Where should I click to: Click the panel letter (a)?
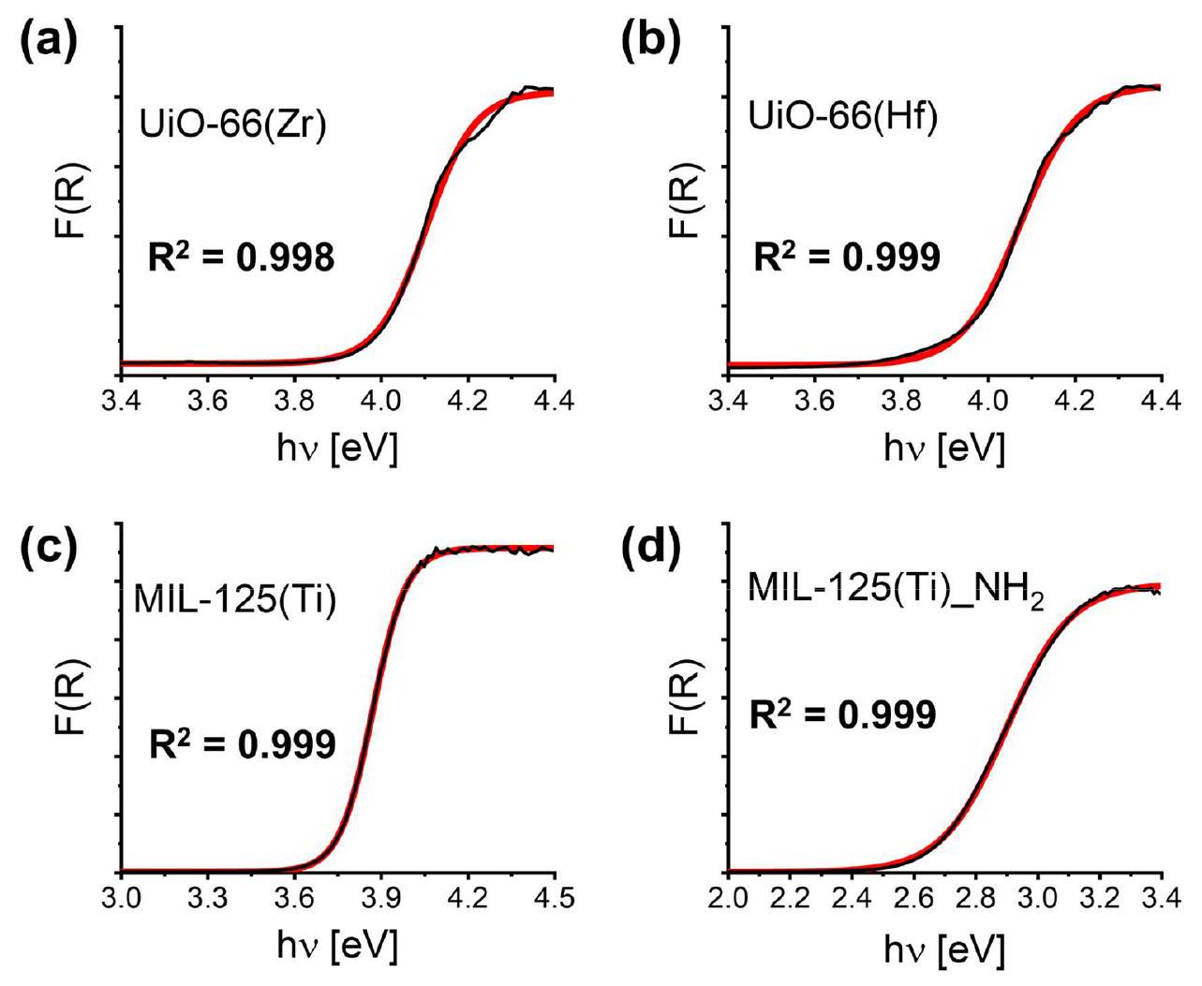click(54, 45)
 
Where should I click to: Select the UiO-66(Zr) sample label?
click(232, 126)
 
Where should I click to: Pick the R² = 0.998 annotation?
click(241, 257)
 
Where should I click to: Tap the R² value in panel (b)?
click(846, 257)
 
